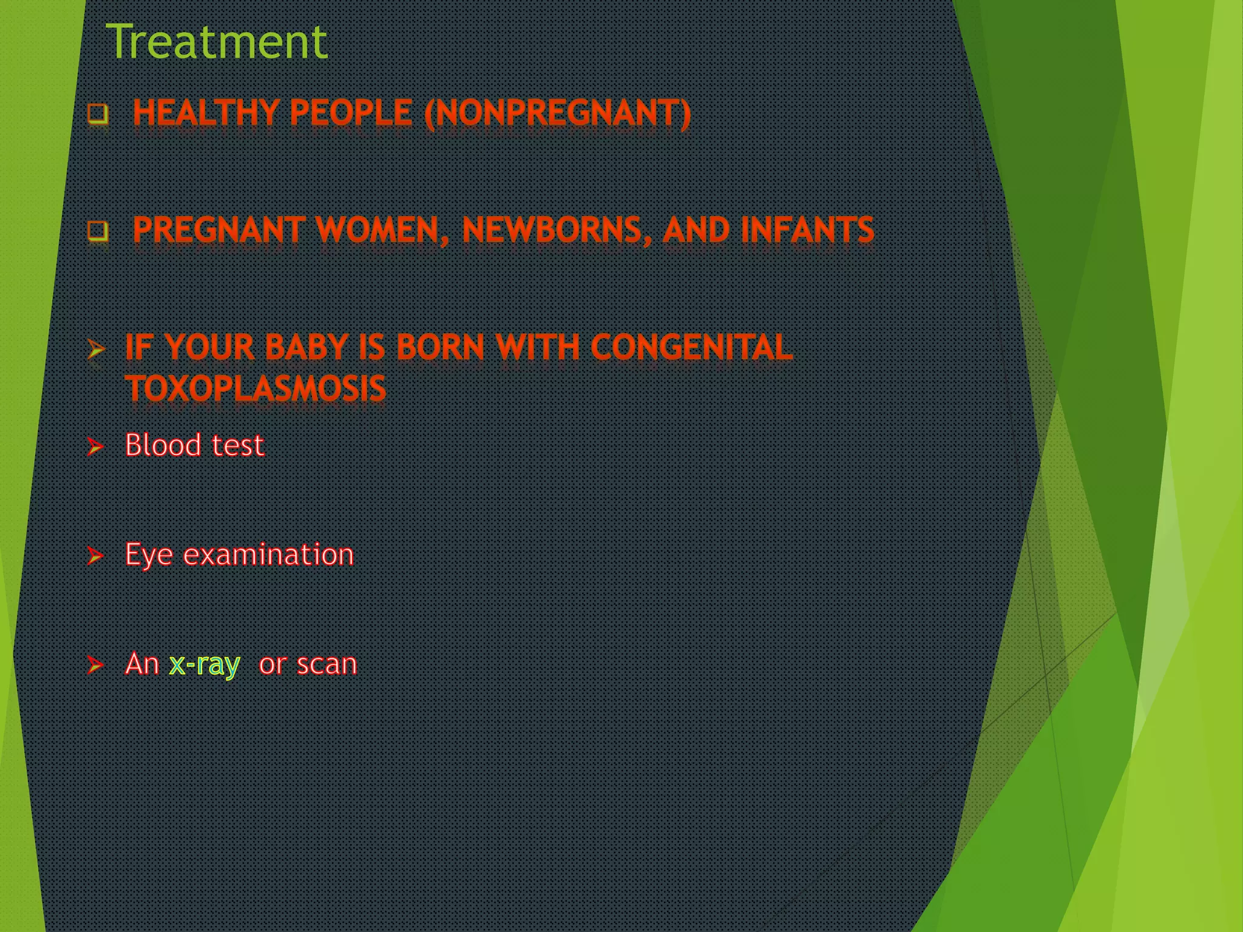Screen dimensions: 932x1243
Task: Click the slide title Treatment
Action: (217, 42)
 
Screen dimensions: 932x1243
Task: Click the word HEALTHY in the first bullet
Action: (206, 113)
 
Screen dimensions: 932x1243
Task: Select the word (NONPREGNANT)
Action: (557, 114)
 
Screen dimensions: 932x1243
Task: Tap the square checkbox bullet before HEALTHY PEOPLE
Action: (97, 113)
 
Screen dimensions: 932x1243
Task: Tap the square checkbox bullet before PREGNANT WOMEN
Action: (97, 231)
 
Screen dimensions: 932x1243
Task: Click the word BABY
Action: (305, 348)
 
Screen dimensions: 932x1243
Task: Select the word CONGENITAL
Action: (691, 348)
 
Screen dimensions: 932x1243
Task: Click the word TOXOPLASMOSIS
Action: (256, 388)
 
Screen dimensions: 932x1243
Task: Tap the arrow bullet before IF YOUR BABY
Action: (96, 349)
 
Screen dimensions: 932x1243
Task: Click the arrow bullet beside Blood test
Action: (95, 447)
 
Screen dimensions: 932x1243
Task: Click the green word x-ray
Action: (205, 664)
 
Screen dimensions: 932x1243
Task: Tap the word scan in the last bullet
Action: (327, 664)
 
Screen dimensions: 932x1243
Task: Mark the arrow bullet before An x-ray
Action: (95, 665)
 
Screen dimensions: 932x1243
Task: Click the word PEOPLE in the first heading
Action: (351, 113)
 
